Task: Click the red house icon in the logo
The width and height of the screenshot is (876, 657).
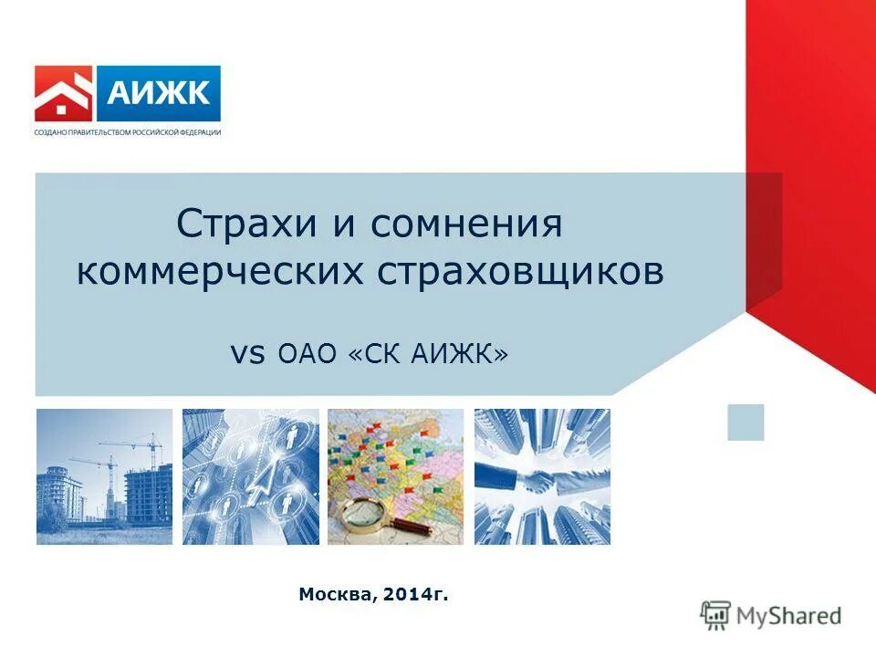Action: click(63, 93)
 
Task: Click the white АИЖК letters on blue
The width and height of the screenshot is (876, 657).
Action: click(159, 92)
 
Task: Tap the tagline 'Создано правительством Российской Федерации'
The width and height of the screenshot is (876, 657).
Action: click(128, 132)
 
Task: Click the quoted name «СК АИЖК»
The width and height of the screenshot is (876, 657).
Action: click(428, 353)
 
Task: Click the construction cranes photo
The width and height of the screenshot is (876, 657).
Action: click(104, 476)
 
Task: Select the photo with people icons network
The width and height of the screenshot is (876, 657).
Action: click(251, 476)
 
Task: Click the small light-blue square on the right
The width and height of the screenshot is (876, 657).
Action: click(746, 422)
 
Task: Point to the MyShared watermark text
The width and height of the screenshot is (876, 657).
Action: click(789, 616)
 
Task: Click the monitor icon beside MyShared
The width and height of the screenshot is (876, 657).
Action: click(715, 616)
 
